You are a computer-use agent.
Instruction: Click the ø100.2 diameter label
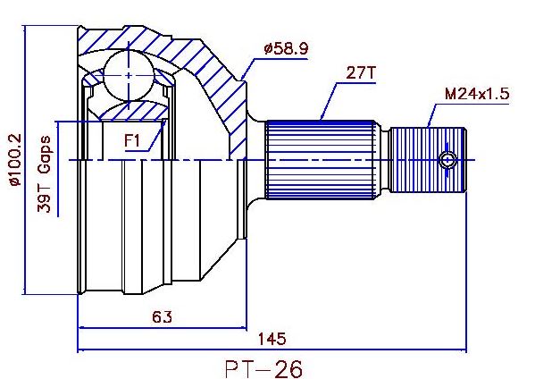tap(16, 160)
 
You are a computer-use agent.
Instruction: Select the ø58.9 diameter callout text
tap(286, 49)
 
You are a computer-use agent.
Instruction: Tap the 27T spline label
tap(361, 72)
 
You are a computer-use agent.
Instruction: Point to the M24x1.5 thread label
tap(477, 94)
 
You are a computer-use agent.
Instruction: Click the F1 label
tap(132, 140)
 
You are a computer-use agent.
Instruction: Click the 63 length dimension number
tap(162, 317)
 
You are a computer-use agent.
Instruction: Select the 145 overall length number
tap(272, 339)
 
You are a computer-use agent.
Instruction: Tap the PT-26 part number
tap(263, 369)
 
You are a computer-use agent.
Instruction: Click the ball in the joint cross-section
tap(129, 75)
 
